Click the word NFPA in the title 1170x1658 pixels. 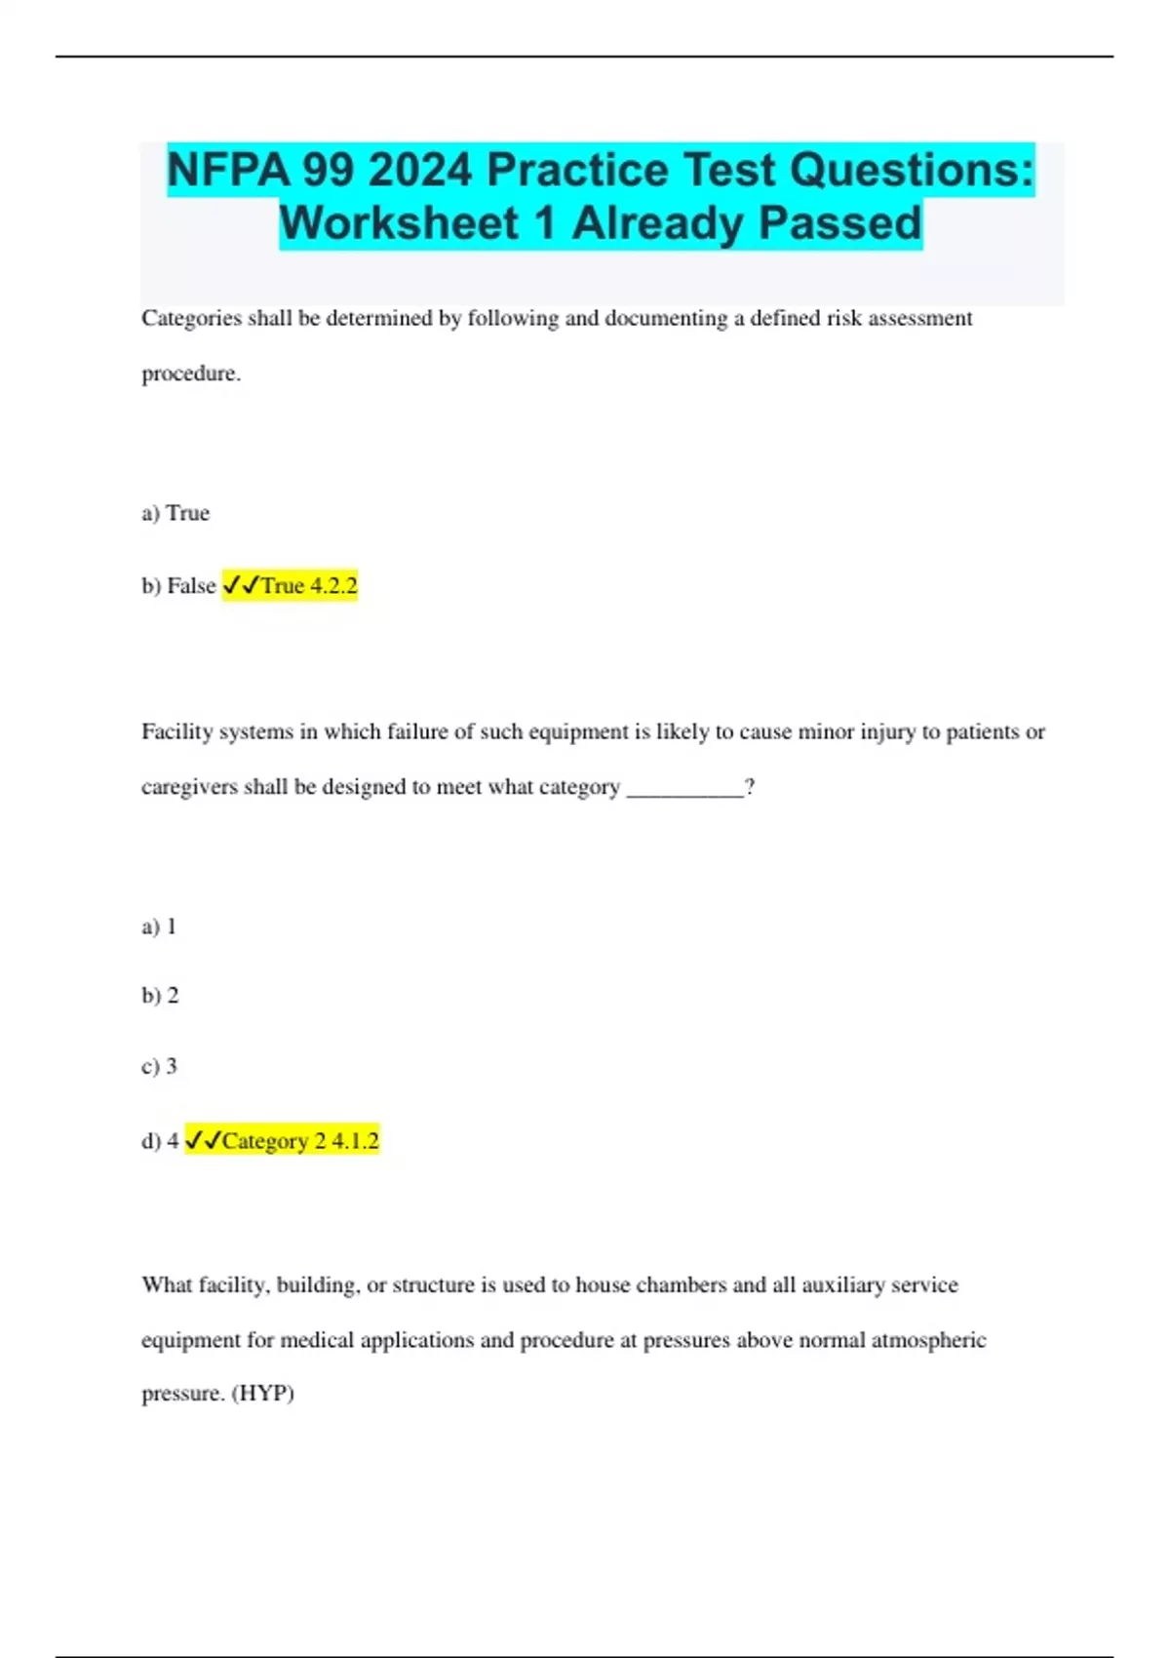pyautogui.click(x=227, y=171)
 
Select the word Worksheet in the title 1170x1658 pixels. pyautogui.click(x=399, y=223)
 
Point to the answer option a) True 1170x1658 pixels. pyautogui.click(x=175, y=513)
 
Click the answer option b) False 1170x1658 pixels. pyautogui.click(x=178, y=586)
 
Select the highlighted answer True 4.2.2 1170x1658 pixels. pyautogui.click(x=291, y=586)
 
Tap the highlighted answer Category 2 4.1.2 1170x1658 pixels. pyautogui.click(x=282, y=1141)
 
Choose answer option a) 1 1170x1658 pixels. pyautogui.click(x=159, y=927)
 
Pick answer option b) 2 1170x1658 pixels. pyautogui.click(x=160, y=996)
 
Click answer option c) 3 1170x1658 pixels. pyautogui.click(x=159, y=1066)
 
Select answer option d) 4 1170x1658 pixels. pyautogui.click(x=160, y=1141)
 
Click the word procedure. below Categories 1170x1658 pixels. pyautogui.click(x=191, y=374)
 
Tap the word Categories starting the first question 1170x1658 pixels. pyautogui.click(x=191, y=319)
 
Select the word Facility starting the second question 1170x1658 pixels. pyautogui.click(x=176, y=732)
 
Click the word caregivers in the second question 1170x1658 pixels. pyautogui.click(x=189, y=787)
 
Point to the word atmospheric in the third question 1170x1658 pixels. pyautogui.click(x=928, y=1340)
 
